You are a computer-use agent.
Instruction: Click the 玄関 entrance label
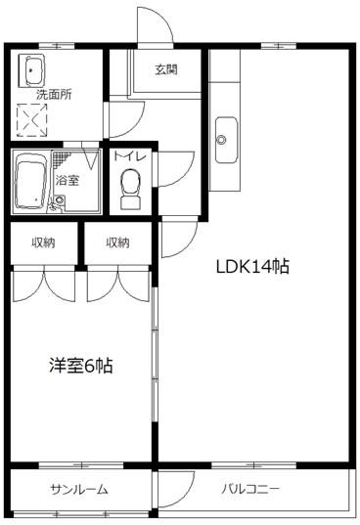click(x=165, y=68)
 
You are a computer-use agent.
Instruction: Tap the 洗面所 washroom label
click(x=54, y=96)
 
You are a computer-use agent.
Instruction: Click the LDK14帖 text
click(x=252, y=266)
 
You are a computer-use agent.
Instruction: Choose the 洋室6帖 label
click(x=81, y=366)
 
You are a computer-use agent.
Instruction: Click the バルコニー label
click(x=250, y=489)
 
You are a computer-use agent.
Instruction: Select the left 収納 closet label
click(x=42, y=242)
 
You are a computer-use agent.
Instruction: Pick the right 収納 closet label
click(x=117, y=242)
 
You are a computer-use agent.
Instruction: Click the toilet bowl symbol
click(x=129, y=186)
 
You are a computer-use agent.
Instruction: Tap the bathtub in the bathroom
click(x=33, y=181)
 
